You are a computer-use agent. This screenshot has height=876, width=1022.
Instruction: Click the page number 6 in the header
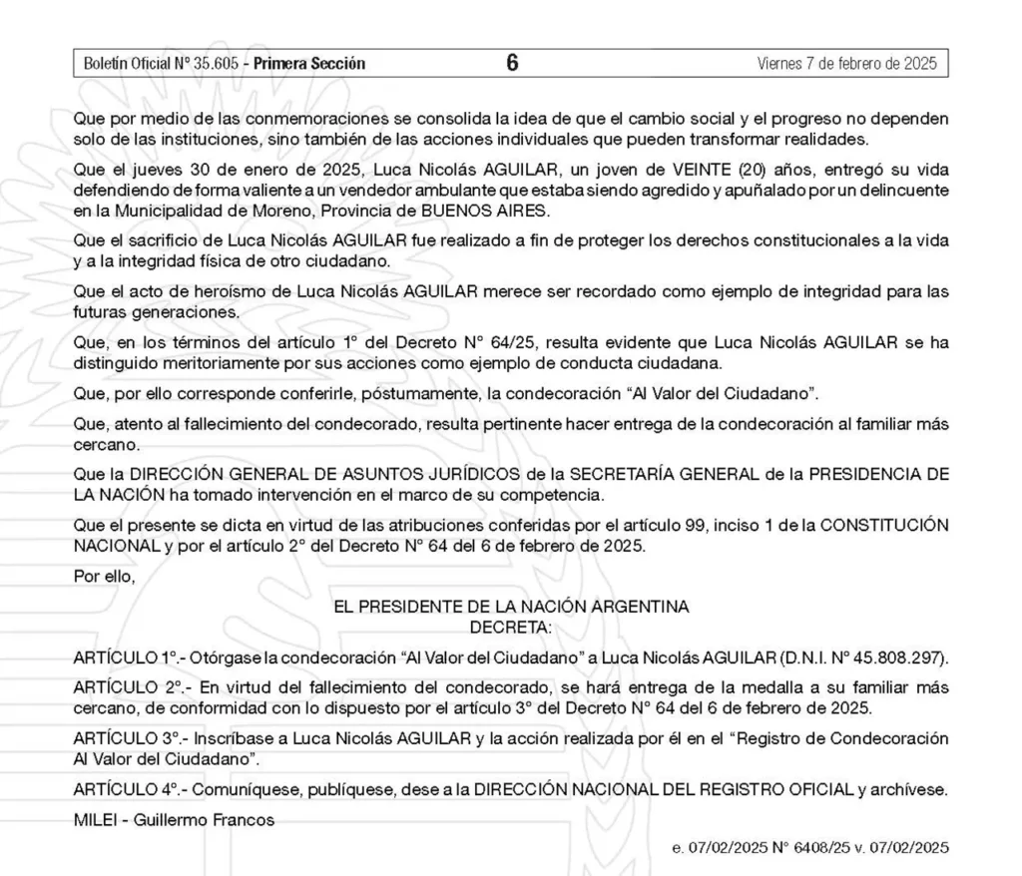click(x=512, y=63)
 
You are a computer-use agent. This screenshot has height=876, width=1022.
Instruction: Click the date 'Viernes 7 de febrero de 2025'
click(x=847, y=64)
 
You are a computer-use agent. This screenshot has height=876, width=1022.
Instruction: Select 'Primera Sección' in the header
click(x=309, y=64)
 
